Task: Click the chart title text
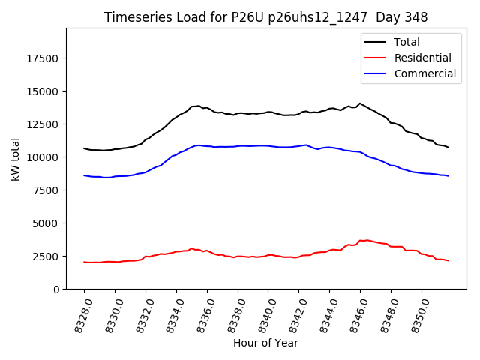[265, 17]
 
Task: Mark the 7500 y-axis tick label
[46, 190]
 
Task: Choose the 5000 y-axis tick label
[46, 223]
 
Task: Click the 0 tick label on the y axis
[56, 289]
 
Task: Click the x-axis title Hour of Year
[265, 343]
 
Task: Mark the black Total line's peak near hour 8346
[360, 103]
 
